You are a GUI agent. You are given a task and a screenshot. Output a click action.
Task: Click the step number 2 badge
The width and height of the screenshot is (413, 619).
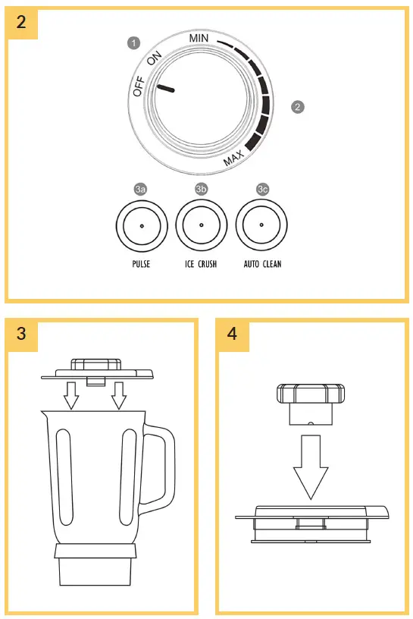coord(20,20)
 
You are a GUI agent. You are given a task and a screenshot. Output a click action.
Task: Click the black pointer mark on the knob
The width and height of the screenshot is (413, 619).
coord(166,90)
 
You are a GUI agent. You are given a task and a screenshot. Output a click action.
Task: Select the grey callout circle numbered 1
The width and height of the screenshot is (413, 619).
coord(134,42)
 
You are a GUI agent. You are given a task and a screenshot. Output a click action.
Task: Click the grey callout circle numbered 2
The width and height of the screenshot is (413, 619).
coord(298,107)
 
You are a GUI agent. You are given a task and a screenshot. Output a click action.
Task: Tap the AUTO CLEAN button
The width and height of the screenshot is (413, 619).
coord(261,225)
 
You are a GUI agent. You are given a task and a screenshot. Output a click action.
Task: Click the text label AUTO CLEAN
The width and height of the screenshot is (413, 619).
coord(261,266)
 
